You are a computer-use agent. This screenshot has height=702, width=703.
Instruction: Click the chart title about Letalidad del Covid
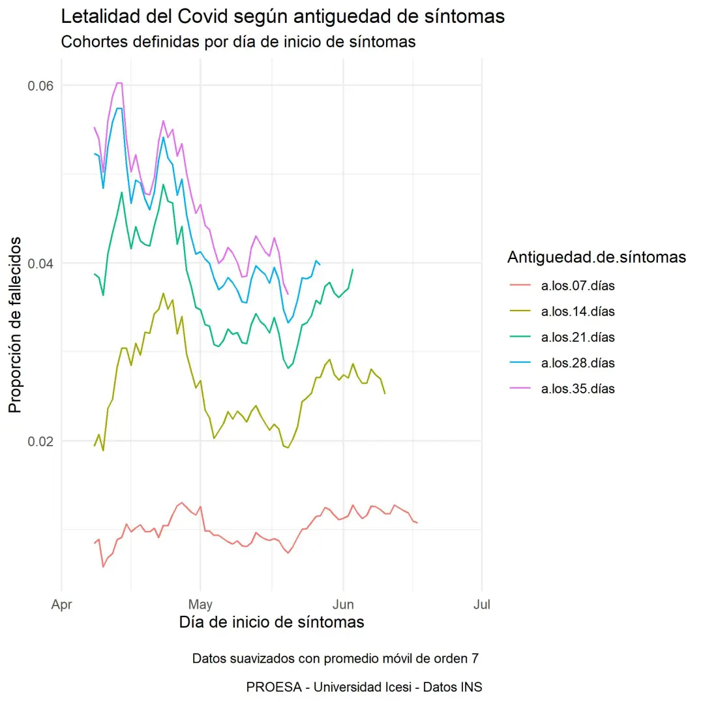[x=282, y=17]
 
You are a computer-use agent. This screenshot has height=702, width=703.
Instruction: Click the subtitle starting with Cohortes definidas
[x=238, y=42]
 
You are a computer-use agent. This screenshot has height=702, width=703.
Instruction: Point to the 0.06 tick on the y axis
[x=39, y=86]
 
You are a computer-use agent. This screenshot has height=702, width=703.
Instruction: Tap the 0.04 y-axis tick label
[x=39, y=264]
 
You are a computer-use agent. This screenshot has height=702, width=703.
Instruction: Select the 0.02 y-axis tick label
[x=39, y=441]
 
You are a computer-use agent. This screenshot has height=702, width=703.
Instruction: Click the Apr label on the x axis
[x=61, y=605]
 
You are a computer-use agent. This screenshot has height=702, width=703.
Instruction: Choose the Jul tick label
[x=482, y=605]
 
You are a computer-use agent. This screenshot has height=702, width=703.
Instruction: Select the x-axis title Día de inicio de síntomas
[x=271, y=622]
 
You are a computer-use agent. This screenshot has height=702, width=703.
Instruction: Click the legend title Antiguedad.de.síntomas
[x=596, y=258]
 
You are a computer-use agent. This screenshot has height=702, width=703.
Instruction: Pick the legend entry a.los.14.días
[x=578, y=311]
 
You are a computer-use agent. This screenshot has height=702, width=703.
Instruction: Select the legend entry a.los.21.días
[x=578, y=337]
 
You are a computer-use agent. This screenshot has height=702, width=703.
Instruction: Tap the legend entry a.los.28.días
[x=578, y=363]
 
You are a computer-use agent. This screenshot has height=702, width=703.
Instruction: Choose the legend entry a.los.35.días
[x=578, y=389]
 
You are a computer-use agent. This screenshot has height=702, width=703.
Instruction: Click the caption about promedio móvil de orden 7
[x=335, y=658]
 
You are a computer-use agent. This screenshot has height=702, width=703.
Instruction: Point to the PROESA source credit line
[x=365, y=687]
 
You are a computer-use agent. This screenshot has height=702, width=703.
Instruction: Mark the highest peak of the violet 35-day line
[x=119, y=83]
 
